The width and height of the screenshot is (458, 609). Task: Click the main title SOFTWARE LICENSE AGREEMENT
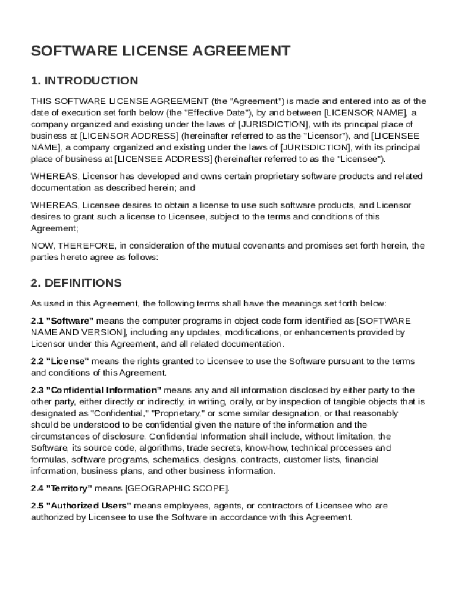tap(161, 51)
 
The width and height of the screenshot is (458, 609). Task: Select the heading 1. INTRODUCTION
tap(84, 81)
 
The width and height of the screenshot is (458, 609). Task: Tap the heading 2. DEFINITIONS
tap(76, 283)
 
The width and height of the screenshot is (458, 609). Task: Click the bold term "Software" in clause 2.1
tap(70, 321)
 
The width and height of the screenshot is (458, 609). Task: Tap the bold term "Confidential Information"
tap(103, 390)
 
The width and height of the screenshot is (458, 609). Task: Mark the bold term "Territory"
tap(70, 488)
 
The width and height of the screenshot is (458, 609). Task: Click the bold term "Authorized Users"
tap(89, 506)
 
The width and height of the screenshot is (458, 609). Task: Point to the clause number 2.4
tap(37, 488)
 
